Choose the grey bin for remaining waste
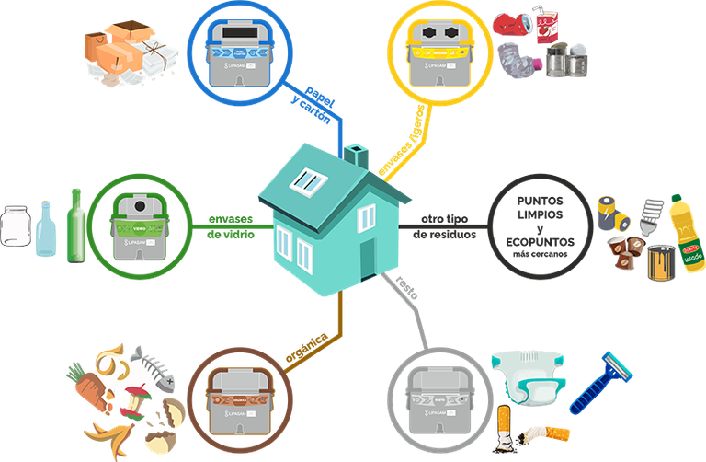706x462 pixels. (435, 398)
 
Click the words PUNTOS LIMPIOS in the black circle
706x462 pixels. (538, 207)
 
